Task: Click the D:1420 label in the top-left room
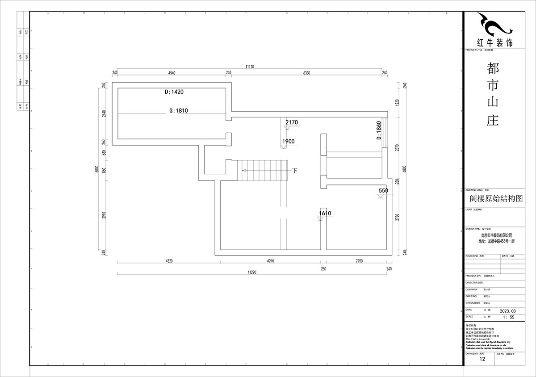click(174, 92)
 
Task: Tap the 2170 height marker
click(292, 122)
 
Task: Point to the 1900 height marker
click(288, 141)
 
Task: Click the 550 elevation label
click(383, 190)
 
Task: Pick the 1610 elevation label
click(325, 214)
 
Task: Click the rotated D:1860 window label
click(379, 130)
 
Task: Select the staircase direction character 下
click(295, 170)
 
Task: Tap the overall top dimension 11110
click(249, 67)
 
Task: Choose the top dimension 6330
click(306, 72)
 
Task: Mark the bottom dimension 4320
click(169, 260)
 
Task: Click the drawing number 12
click(482, 359)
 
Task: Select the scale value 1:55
click(508, 317)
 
